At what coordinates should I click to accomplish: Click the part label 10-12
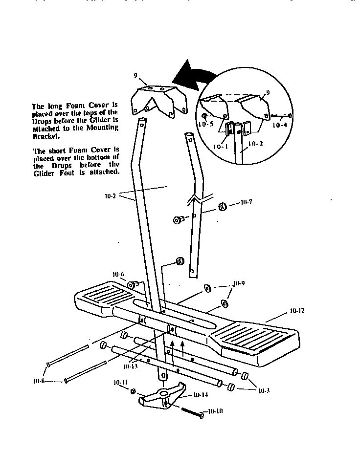(x=297, y=310)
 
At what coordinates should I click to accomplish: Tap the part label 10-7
(x=247, y=203)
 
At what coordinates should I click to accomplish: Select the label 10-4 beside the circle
(x=279, y=126)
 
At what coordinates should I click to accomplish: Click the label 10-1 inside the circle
(x=221, y=147)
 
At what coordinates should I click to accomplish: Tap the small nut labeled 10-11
(x=133, y=391)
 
